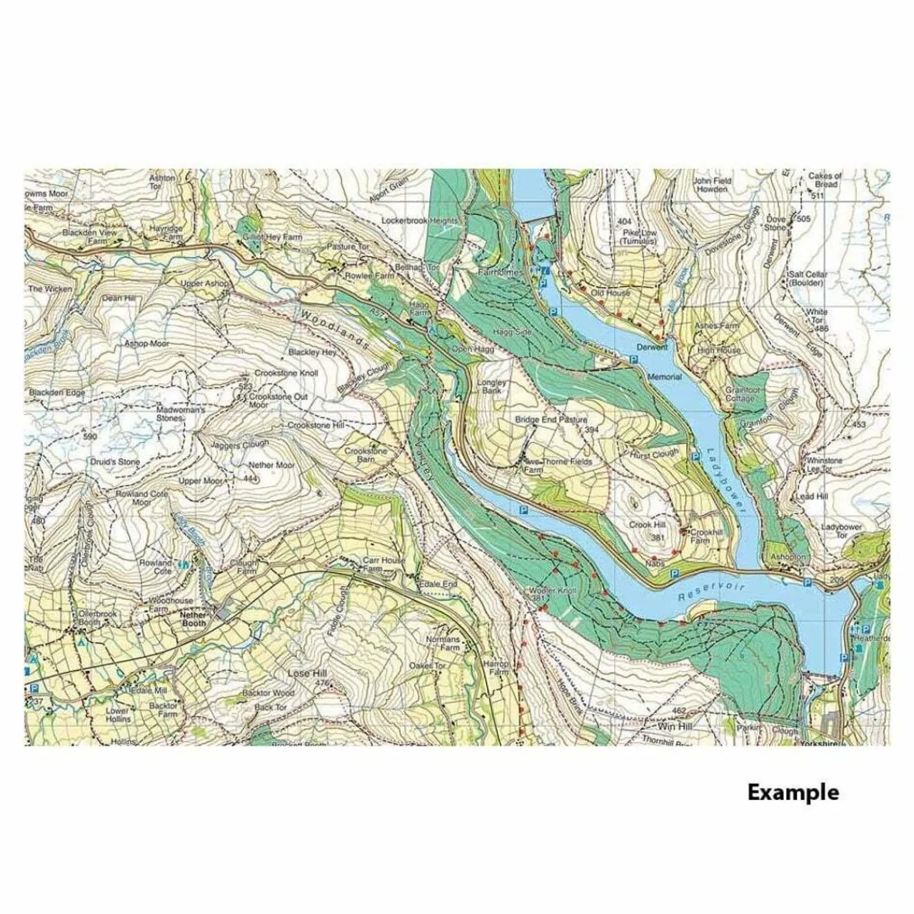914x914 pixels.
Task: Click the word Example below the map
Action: (x=793, y=792)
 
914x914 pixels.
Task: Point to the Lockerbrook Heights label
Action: (x=419, y=221)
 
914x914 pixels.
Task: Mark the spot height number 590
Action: (x=89, y=436)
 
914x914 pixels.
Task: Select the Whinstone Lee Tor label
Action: (x=823, y=465)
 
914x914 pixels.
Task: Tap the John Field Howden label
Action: (x=711, y=185)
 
